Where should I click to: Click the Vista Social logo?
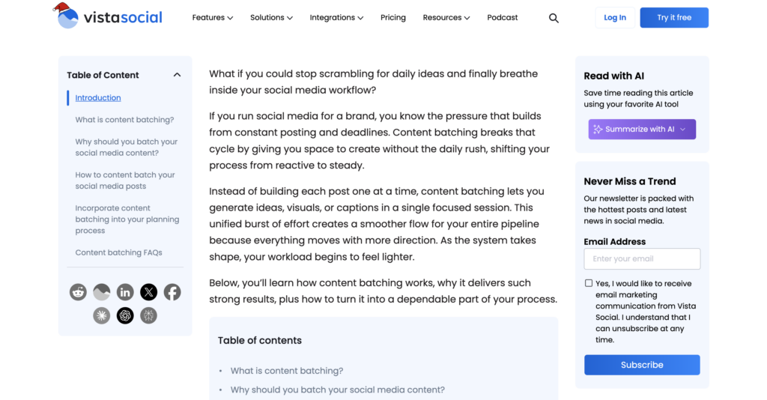coord(109,16)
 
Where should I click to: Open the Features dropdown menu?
coord(212,17)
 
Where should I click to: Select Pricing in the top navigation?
coord(392,17)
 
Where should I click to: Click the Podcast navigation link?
coord(502,17)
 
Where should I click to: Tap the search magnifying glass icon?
coord(554,18)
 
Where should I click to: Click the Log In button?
coord(615,17)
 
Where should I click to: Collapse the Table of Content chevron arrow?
coord(177,75)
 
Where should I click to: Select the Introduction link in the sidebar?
coord(98,97)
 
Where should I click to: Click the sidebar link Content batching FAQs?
coord(118,252)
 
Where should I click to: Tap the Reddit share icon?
coord(78,292)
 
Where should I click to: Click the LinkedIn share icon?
coord(125,292)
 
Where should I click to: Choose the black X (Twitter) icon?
coord(149,292)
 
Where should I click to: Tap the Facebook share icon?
coord(172,292)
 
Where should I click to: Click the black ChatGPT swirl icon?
coord(125,315)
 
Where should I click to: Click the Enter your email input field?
coord(642,258)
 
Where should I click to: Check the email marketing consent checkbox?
coord(589,283)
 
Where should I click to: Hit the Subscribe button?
coord(642,365)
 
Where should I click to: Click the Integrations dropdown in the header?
coord(336,17)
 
